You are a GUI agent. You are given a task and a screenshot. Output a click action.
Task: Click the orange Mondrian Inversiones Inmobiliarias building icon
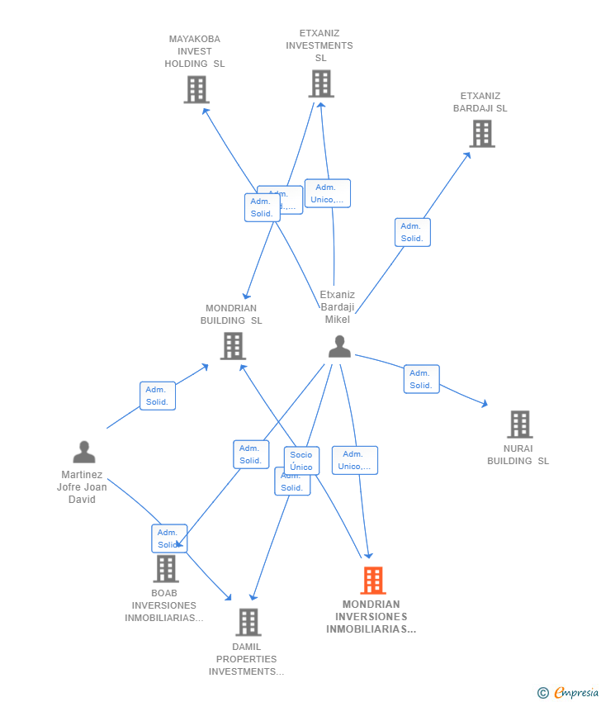pyautogui.click(x=372, y=581)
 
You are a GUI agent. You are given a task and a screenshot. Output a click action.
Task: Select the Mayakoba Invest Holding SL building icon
pyautogui.click(x=196, y=89)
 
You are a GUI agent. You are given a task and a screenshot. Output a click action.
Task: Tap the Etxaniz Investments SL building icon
pyautogui.click(x=321, y=83)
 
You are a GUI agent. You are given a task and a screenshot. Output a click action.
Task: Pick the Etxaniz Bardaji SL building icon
pyautogui.click(x=481, y=133)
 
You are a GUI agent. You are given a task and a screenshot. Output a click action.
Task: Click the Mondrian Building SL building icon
pyautogui.click(x=233, y=346)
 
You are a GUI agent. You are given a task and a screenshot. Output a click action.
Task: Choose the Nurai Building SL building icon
pyautogui.click(x=519, y=425)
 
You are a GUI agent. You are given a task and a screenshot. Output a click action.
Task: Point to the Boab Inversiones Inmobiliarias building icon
pyautogui.click(x=166, y=568)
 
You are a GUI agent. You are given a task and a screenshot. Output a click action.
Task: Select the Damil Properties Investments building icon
pyautogui.click(x=248, y=622)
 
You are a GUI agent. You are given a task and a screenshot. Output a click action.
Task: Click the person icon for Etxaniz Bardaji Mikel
pyautogui.click(x=339, y=347)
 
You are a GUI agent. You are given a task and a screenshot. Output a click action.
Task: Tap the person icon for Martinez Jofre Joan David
pyautogui.click(x=83, y=452)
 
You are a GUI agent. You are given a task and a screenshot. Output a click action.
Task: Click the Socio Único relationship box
pyautogui.click(x=301, y=460)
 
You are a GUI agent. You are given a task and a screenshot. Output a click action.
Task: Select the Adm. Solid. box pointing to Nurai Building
pyautogui.click(x=421, y=379)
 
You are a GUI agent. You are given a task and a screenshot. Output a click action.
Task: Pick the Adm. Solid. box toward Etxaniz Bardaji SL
pyautogui.click(x=412, y=232)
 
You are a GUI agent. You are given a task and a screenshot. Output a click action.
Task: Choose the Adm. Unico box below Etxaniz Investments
pyautogui.click(x=327, y=193)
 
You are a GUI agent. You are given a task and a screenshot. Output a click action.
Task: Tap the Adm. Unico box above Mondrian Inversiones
pyautogui.click(x=354, y=460)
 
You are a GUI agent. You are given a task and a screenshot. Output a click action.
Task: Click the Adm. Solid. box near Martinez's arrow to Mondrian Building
pyautogui.click(x=157, y=396)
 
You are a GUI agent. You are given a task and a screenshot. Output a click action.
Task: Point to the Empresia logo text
pyautogui.click(x=575, y=692)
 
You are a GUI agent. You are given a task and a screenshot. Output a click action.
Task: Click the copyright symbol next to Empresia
pyautogui.click(x=542, y=692)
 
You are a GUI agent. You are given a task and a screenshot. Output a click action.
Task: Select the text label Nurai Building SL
pyautogui.click(x=518, y=455)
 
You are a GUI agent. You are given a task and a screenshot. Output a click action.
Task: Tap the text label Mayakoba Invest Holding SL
pyautogui.click(x=195, y=51)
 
